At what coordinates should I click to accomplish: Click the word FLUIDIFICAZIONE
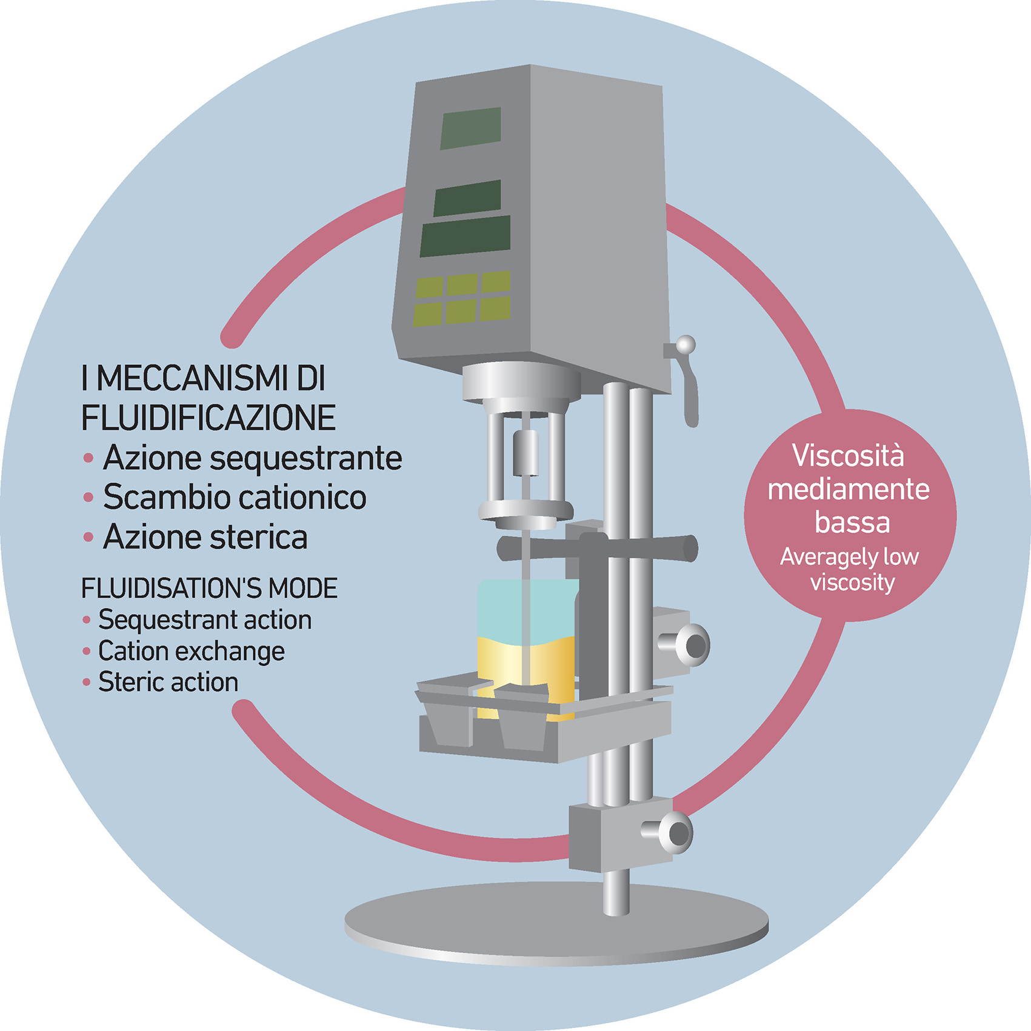[x=209, y=418]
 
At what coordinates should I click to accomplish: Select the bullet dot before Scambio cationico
[x=88, y=498]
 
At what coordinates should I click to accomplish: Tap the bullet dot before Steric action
[x=86, y=682]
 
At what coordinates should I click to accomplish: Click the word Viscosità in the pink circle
[x=848, y=456]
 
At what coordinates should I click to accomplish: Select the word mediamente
[x=849, y=489]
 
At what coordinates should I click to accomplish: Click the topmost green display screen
[x=470, y=128]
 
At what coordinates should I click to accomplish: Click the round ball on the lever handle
[x=686, y=345]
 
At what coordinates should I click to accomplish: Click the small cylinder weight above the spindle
[x=526, y=452]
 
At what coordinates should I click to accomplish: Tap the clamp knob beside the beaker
[x=692, y=645]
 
